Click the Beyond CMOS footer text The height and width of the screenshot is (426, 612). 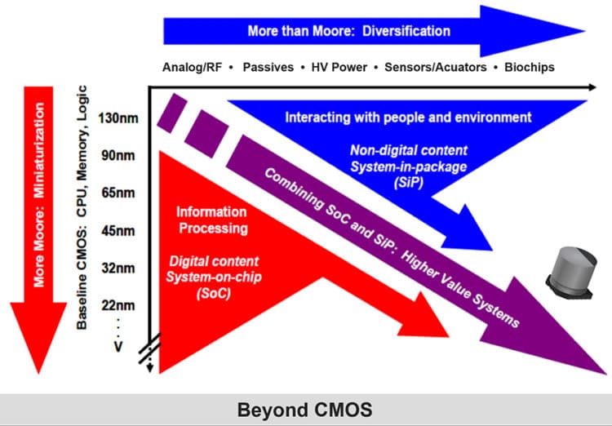pos(305,410)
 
